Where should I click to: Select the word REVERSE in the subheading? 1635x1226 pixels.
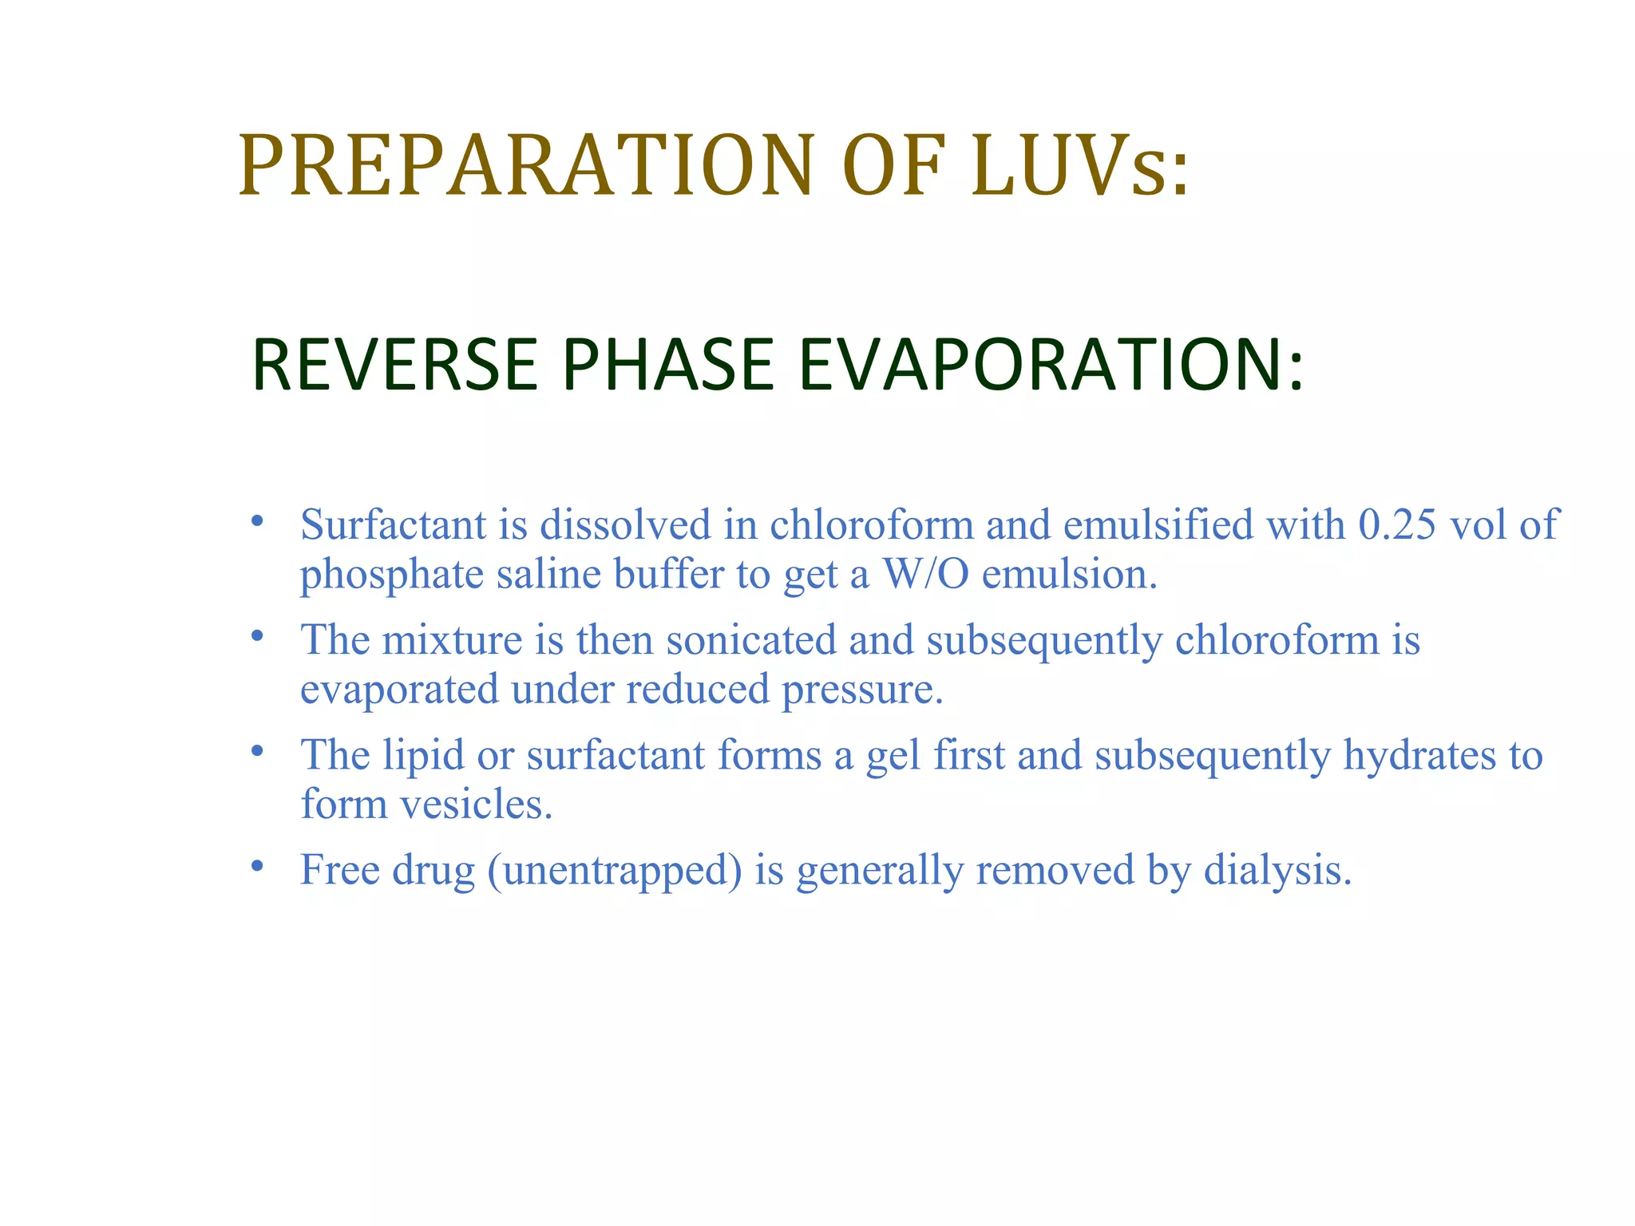pos(395,366)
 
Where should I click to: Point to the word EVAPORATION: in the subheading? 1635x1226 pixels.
pos(1051,366)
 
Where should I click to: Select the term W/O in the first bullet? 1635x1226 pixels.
pos(924,575)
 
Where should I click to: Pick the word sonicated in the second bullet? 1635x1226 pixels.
pos(750,641)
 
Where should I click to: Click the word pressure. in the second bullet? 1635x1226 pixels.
pos(862,690)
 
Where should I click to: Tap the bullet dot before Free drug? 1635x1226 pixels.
pos(256,866)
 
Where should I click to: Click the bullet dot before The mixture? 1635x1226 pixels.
pos(256,636)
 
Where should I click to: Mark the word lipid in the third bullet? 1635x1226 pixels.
pos(423,757)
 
